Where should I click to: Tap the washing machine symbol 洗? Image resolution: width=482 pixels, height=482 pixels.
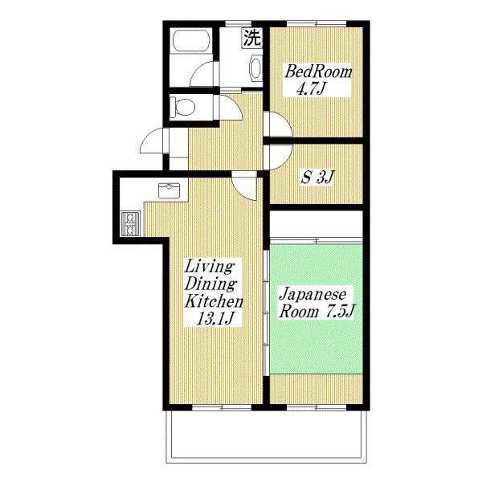[252, 38]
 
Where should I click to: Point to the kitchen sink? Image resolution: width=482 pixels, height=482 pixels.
[170, 190]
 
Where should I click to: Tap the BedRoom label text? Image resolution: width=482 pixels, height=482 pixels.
[319, 72]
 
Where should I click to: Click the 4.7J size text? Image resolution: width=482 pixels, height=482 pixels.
[310, 88]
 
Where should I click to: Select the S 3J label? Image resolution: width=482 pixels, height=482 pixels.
[317, 178]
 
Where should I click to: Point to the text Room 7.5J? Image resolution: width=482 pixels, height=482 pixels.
[317, 312]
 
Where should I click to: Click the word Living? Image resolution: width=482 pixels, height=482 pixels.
[210, 266]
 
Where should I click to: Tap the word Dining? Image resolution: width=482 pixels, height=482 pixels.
[210, 284]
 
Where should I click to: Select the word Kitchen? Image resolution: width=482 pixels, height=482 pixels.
[214, 302]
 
